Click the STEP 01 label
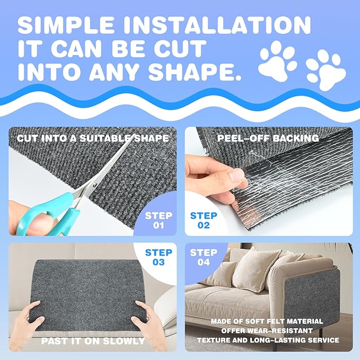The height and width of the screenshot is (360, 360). (x=159, y=221)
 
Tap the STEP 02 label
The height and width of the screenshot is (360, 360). (x=204, y=221)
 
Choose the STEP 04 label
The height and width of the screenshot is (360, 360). (x=203, y=257)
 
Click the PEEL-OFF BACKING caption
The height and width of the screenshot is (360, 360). (x=267, y=139)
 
